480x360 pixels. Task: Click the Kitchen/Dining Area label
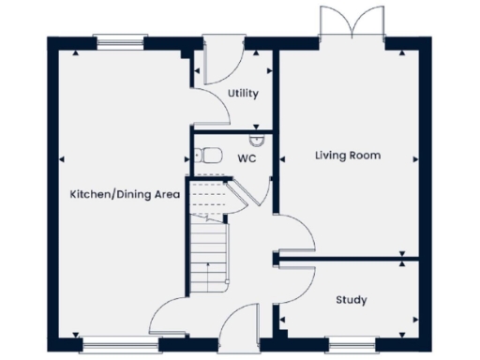[124, 194]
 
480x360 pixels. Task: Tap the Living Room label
[347, 156]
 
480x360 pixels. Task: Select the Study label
[352, 300]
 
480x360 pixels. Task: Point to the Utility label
[243, 95]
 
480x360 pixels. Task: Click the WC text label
[247, 158]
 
